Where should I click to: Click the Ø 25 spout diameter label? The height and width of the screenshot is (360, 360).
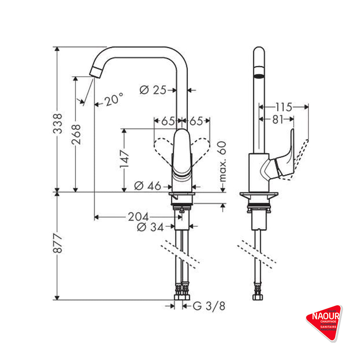153,90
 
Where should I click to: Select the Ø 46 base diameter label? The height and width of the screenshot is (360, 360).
148,186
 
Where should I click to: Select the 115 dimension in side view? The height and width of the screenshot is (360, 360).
284,107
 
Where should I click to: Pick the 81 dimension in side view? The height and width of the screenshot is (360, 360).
278,120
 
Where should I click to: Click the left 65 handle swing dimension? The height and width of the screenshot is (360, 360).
168,121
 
